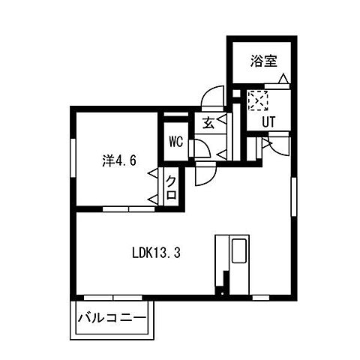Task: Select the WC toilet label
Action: pos(176,141)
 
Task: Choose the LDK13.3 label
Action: pos(156,253)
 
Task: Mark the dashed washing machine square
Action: pos(258,100)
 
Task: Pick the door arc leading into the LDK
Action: pos(203,175)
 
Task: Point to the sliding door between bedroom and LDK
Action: pos(127,208)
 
